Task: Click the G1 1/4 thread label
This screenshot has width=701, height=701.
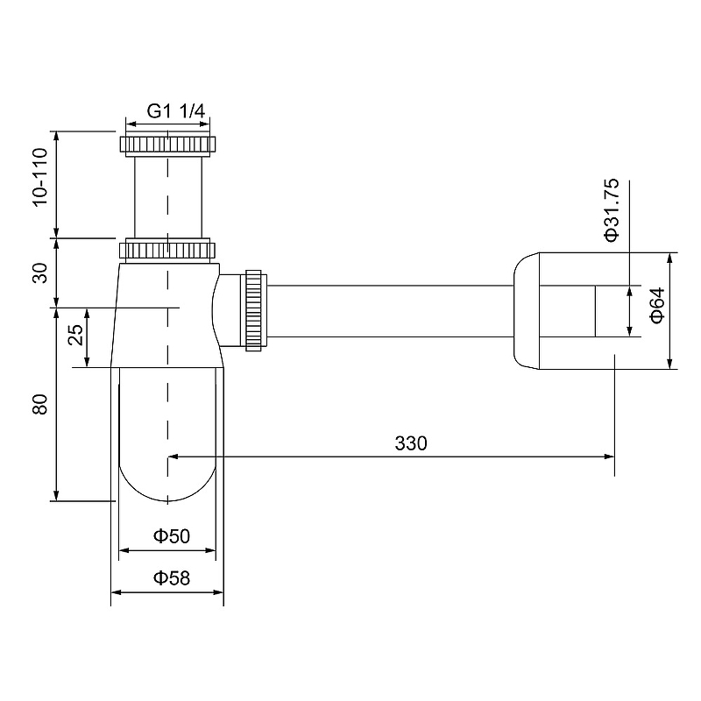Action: point(175,111)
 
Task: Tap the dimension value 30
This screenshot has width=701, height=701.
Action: point(39,273)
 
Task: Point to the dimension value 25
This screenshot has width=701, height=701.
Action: point(75,336)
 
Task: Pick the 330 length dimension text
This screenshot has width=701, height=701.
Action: point(410,443)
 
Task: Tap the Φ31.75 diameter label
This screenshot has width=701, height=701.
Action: point(612,209)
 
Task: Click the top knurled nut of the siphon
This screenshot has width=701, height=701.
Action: point(166,145)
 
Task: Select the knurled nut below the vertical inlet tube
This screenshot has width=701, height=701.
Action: point(166,250)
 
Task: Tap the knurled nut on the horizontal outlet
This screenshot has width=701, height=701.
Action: point(256,310)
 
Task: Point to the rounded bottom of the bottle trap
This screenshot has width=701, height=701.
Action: point(166,478)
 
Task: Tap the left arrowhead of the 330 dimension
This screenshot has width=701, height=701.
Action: point(172,456)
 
